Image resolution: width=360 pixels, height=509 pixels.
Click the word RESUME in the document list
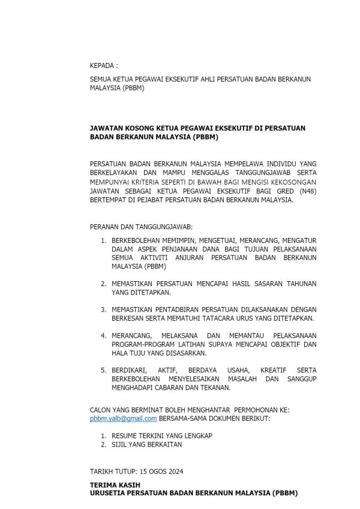(x=127, y=435)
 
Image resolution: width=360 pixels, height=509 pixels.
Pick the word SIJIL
(x=121, y=444)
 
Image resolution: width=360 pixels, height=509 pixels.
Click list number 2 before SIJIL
(x=103, y=444)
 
